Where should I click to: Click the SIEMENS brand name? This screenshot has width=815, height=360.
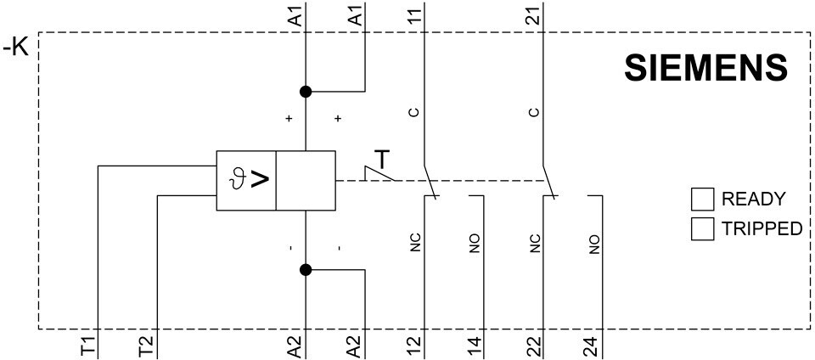705,68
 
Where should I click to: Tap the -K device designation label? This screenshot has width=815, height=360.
17,48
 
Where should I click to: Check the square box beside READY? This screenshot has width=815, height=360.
702,200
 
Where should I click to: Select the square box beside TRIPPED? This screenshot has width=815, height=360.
702,228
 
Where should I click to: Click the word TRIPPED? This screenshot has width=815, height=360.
762,228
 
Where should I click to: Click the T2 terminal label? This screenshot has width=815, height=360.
145,345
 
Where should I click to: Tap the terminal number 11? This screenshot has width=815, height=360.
415,14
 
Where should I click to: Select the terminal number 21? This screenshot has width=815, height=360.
534,14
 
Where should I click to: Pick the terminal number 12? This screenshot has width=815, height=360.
415,345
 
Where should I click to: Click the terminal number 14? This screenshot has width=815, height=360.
475,345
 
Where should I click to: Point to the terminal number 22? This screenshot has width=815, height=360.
534,345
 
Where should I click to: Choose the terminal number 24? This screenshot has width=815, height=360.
593,345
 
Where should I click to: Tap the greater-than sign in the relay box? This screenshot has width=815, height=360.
261,179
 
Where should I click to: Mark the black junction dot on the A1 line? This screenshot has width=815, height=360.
306,92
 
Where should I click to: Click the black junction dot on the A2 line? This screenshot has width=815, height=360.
306,270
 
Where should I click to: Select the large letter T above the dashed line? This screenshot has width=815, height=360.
383,160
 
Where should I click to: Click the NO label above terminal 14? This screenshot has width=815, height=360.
475,245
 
